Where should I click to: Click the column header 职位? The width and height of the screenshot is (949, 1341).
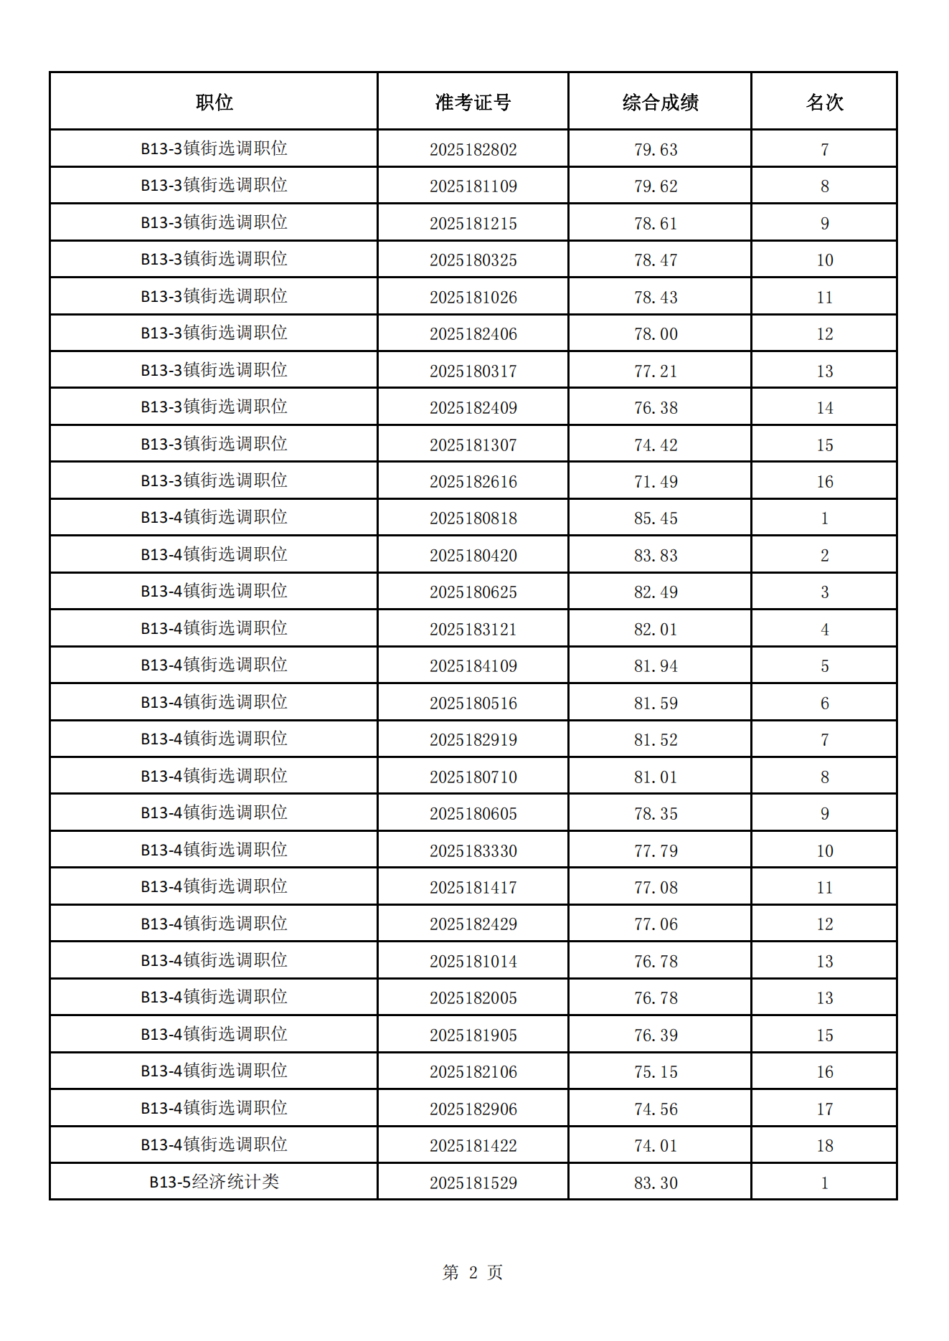[x=214, y=103]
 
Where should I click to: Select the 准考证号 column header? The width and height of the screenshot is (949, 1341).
[x=473, y=103]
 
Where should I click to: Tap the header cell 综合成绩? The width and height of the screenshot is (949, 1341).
[x=660, y=103]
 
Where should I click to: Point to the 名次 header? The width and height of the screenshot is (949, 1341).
[x=824, y=103]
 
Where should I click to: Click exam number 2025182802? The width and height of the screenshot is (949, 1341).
[x=473, y=150]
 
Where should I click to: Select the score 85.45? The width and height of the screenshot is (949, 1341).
[x=656, y=518]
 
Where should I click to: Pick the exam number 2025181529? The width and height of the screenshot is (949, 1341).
[x=473, y=1183]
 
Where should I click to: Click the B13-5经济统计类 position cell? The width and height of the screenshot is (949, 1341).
[x=214, y=1182]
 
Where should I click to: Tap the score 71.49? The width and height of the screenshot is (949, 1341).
[x=656, y=482]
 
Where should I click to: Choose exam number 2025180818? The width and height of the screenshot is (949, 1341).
[x=473, y=518]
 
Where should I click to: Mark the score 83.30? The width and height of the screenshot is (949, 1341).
[x=656, y=1183]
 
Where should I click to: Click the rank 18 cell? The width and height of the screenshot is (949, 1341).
[x=824, y=1146]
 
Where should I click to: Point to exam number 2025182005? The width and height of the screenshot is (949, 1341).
[x=473, y=998]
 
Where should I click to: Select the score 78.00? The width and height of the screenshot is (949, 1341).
[x=656, y=334]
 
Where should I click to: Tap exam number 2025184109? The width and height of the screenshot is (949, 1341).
[x=473, y=666]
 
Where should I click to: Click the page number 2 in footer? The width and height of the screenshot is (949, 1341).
[x=473, y=1273]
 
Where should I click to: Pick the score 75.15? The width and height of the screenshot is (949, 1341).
[x=656, y=1072]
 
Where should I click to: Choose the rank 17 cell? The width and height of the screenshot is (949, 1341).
[x=824, y=1109]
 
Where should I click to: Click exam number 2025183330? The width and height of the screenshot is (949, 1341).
[x=473, y=851]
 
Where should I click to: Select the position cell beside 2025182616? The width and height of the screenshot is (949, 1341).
[x=214, y=480]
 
